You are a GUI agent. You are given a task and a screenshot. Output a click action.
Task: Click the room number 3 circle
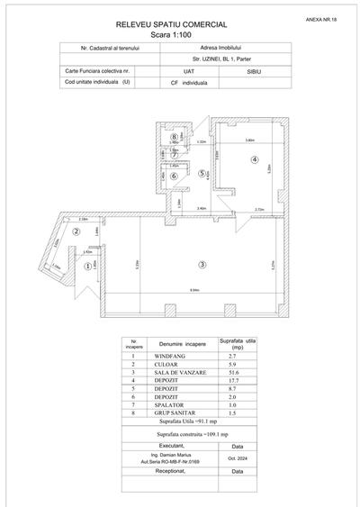[203, 264]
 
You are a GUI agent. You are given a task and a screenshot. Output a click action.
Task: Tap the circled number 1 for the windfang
[88, 266]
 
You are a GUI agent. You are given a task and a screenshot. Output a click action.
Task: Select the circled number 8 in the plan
[174, 137]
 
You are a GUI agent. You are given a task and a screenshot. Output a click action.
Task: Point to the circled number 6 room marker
[174, 176]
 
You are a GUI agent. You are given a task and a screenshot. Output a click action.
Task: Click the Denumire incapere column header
[183, 345]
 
